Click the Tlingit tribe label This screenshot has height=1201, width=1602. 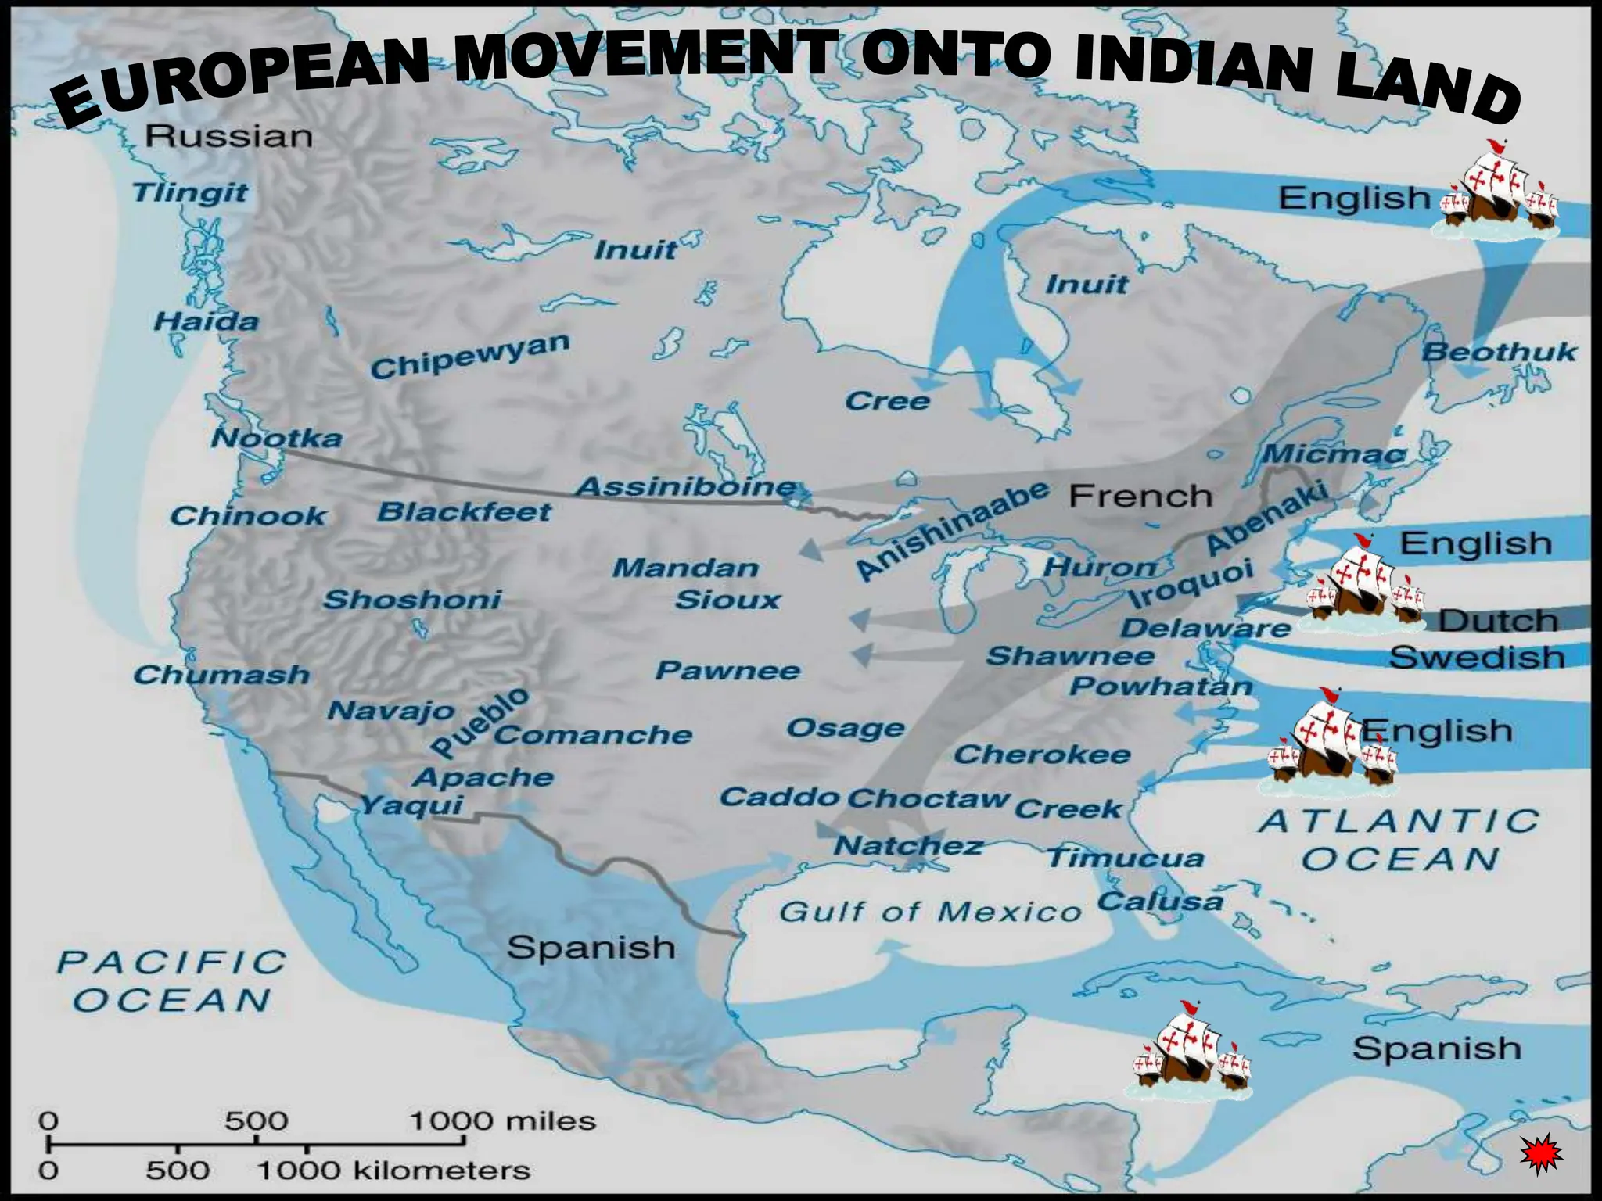coord(190,192)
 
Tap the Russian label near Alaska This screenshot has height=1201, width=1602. coord(229,136)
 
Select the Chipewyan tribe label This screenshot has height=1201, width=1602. coord(470,356)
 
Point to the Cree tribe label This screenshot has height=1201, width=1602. coord(887,401)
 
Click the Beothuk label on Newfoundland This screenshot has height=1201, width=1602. coord(1498,352)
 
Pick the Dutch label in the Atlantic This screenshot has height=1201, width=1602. coord(1498,621)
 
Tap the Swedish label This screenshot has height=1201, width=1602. coord(1477,657)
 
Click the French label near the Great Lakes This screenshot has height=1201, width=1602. coord(1140,496)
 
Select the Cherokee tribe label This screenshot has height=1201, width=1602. coord(1042,755)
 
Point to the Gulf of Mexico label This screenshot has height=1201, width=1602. coord(929,911)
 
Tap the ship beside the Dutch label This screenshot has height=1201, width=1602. coord(1361,586)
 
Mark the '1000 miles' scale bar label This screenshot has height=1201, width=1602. coord(502,1121)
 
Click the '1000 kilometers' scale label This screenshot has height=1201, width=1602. coord(393,1171)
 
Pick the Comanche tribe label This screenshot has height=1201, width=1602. coord(593,735)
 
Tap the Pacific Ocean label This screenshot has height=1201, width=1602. coord(172,981)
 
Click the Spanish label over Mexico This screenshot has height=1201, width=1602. coord(591,948)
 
